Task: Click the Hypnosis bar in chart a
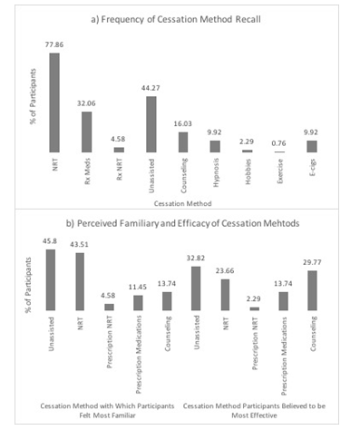tap(215, 145)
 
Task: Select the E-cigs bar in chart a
tap(312, 145)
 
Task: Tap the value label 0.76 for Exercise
tap(279, 142)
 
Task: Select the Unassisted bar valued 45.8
tap(51, 279)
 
